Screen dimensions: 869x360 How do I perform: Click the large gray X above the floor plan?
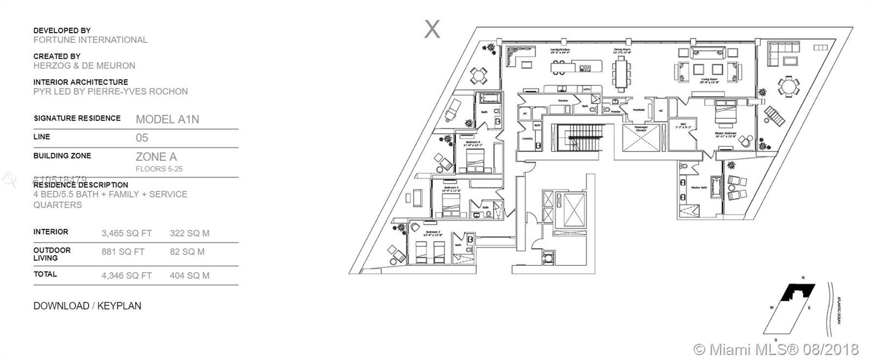pos(432,29)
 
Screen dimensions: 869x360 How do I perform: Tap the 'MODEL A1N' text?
pos(167,119)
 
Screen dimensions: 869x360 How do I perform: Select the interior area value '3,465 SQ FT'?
pos(127,233)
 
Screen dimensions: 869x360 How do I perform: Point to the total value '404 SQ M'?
pos(190,276)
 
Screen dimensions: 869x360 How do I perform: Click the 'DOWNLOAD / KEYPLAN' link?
pos(87,306)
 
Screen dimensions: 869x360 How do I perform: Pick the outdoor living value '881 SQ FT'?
pos(123,252)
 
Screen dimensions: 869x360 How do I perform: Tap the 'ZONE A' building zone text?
pos(156,157)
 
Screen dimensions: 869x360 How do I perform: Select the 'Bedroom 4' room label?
pos(473,142)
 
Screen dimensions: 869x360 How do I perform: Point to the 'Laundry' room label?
pos(526,138)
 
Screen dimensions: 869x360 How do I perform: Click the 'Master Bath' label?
pos(698,188)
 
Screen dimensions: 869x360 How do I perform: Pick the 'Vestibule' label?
pos(639,109)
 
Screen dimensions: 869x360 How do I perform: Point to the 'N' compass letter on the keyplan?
pos(804,279)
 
